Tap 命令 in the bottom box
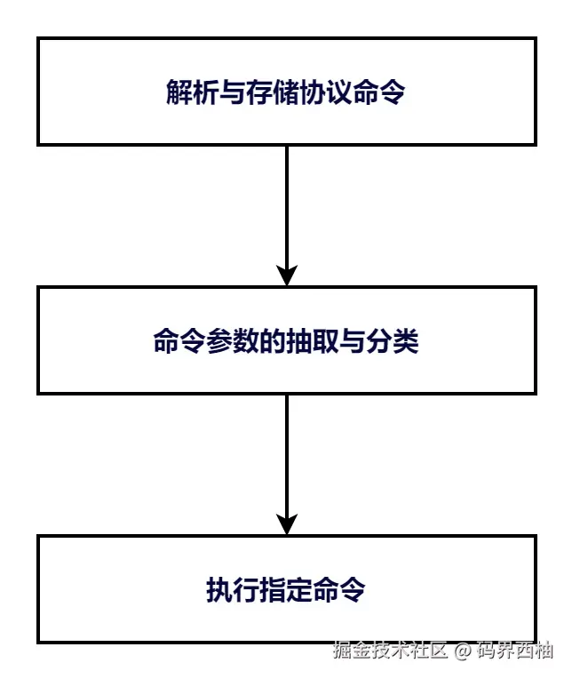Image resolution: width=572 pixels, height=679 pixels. (338, 590)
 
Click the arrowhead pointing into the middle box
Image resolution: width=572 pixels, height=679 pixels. (286, 275)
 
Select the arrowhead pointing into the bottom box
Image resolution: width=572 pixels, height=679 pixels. (286, 523)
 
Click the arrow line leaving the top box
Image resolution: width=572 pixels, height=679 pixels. (286, 204)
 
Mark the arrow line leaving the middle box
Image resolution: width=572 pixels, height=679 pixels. (286, 453)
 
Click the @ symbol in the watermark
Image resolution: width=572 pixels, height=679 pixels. (462, 651)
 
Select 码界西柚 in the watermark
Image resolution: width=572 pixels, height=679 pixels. (515, 651)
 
